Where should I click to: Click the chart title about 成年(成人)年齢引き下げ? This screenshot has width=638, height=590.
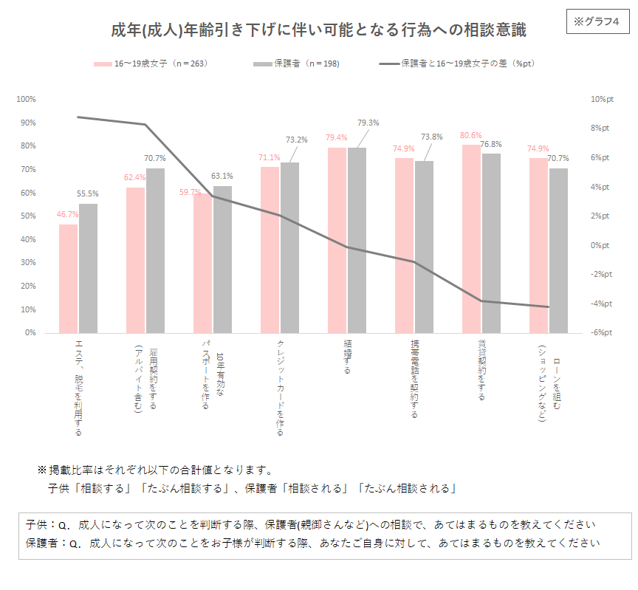click(x=318, y=31)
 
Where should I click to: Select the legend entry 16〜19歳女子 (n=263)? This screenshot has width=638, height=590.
click(x=151, y=64)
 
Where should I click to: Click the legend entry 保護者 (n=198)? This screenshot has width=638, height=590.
click(x=296, y=64)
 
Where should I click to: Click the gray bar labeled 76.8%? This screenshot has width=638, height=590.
click(x=491, y=243)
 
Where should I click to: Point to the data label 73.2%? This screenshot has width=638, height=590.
click(x=296, y=140)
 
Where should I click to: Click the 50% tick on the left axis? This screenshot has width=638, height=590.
click(x=27, y=216)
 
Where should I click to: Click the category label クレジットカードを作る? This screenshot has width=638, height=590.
click(x=281, y=388)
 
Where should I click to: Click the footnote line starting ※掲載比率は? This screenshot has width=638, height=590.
click(x=156, y=470)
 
